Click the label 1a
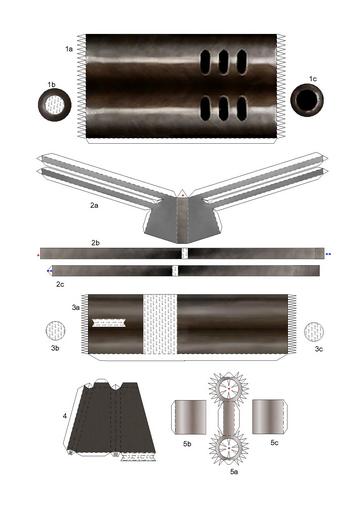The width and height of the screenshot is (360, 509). click(x=68, y=47)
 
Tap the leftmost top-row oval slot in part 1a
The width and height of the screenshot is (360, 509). click(x=207, y=62)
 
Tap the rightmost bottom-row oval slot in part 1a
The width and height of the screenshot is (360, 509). click(x=241, y=108)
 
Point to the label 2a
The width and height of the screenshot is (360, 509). click(x=93, y=205)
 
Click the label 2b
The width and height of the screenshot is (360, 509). click(x=96, y=242)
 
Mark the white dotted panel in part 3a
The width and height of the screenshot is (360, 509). click(x=159, y=324)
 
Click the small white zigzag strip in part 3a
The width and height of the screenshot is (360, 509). click(x=109, y=323)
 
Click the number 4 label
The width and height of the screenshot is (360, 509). click(x=64, y=414)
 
